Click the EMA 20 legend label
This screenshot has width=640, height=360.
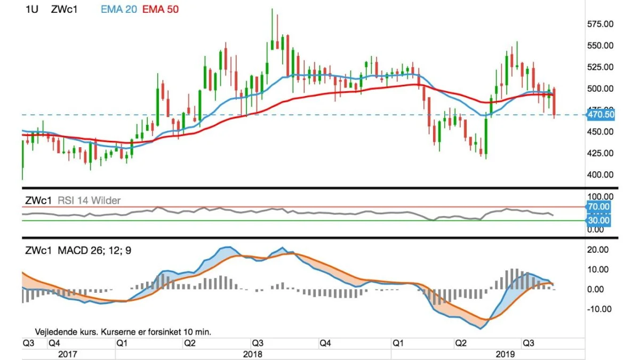point(119,10)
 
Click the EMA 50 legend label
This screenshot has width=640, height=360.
point(161,10)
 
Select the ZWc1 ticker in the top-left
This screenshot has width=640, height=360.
point(65,10)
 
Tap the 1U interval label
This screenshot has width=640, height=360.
point(31,10)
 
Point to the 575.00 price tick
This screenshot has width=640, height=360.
point(601,24)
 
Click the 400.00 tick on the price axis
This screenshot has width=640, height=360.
point(601,174)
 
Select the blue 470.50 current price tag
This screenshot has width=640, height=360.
point(601,115)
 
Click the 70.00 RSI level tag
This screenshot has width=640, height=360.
point(598,206)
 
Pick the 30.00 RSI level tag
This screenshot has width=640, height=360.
point(598,220)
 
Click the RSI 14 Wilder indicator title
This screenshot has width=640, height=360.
point(89,201)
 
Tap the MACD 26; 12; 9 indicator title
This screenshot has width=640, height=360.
point(94,251)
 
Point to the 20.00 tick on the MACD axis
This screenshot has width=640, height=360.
point(598,250)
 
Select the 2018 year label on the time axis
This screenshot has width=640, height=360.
point(253,354)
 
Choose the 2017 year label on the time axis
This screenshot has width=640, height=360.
point(67,354)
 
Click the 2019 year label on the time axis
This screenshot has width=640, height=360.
point(505,354)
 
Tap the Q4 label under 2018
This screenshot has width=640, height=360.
point(325,343)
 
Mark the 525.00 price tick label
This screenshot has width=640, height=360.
point(601,67)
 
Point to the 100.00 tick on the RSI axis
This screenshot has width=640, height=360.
point(601,197)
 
